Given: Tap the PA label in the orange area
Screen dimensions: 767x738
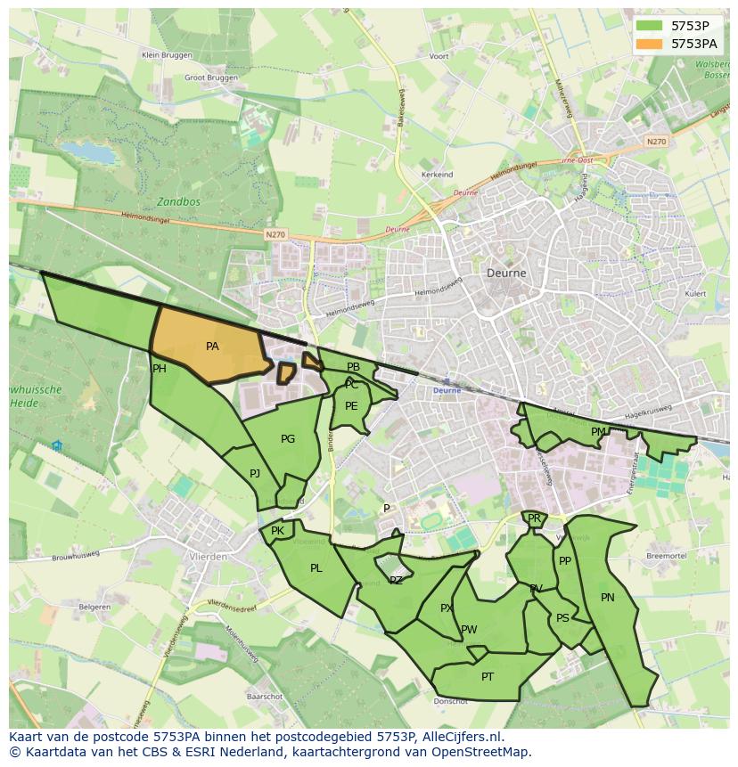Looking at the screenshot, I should coord(212,347).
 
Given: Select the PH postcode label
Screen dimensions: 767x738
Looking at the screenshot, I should coord(160,369).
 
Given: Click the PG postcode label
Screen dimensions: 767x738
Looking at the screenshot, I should coord(288,438).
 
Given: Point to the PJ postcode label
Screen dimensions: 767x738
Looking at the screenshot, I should coord(255,473).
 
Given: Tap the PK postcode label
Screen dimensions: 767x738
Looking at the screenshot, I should coord(277,531).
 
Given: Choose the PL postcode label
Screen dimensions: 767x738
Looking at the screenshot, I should coord(316,567).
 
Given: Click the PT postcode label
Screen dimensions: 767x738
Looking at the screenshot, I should coord(488,677).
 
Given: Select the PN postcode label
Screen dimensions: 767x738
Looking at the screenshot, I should coord(608,598).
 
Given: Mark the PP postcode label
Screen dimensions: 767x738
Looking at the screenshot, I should coord(564,561).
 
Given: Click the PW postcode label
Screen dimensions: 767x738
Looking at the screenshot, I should coord(469,630).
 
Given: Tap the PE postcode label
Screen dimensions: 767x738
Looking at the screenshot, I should coord(351,406).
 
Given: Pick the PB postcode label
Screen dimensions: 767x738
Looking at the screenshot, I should coord(354,367).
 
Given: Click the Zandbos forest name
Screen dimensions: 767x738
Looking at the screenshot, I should coord(178,202).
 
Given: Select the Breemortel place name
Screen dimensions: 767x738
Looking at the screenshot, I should coord(665,555).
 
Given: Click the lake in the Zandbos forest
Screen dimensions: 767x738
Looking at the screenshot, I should coord(92,152).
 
